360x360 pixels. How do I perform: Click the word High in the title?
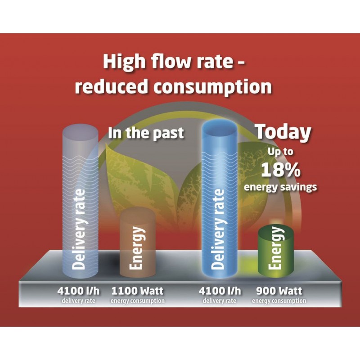[124, 62]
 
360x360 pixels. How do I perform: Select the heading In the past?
[146, 133]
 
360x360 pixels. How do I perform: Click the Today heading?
[283, 132]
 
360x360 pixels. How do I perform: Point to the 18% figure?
[280, 170]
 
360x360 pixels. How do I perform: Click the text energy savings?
[280, 187]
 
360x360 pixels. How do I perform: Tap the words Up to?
[280, 152]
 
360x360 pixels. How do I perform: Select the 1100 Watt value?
[137, 291]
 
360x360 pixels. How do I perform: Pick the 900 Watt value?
[279, 291]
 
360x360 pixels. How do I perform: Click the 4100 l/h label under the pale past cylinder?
[78, 291]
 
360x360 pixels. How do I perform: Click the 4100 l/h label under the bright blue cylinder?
[220, 291]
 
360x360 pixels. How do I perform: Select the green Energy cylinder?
[276, 250]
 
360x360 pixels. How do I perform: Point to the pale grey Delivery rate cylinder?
[81, 202]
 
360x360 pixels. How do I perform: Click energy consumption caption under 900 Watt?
[279, 301]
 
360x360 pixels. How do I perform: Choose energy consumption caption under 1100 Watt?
[138, 301]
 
